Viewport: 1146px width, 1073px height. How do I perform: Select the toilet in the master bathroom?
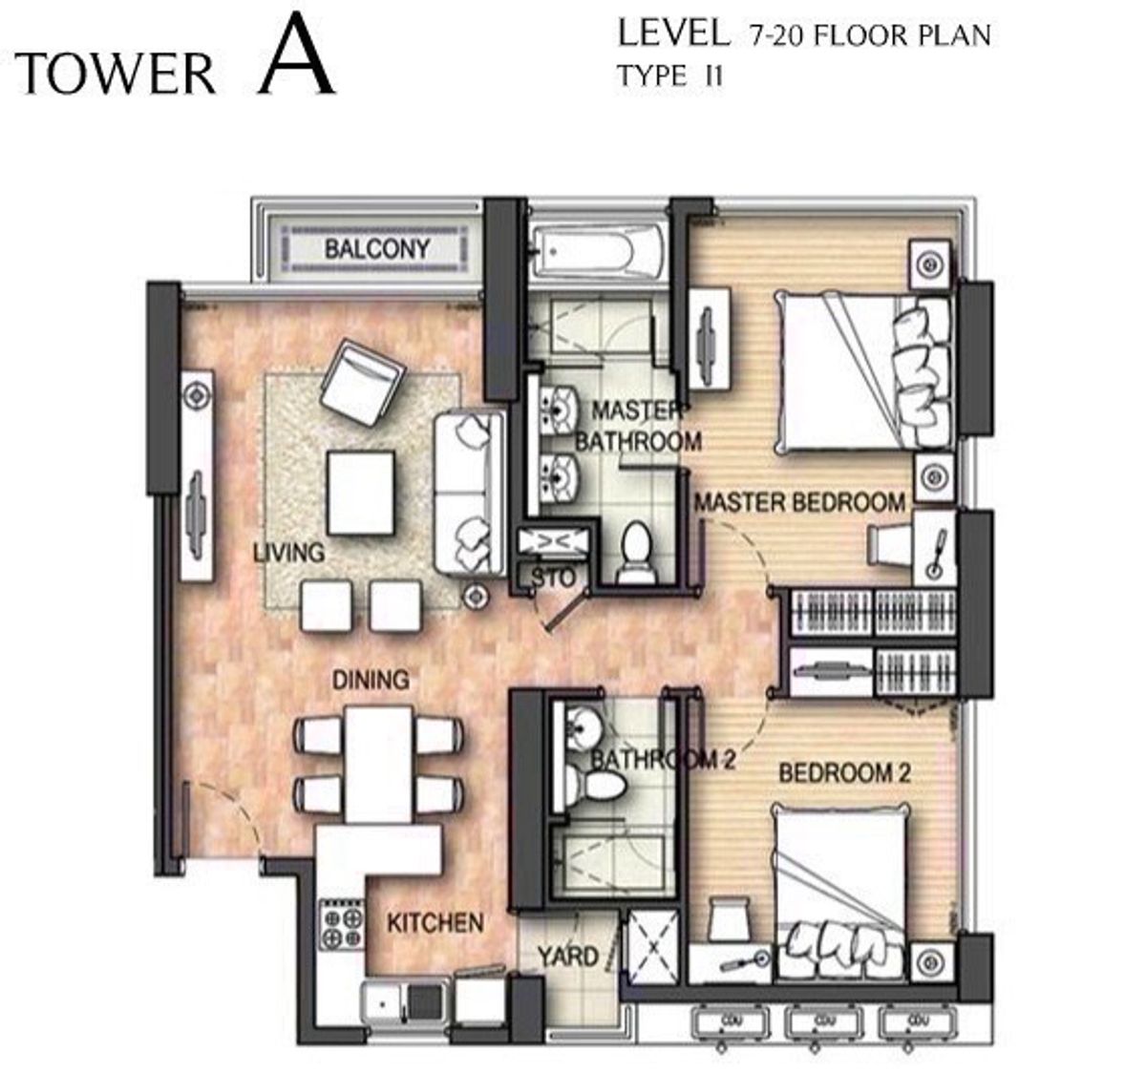(633, 552)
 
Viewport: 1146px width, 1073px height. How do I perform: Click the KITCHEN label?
(435, 923)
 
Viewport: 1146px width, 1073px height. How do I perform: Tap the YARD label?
(567, 957)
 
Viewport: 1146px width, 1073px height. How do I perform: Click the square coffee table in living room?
(360, 493)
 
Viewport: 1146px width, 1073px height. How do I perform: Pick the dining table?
(378, 764)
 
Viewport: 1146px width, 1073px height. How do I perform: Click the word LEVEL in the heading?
(672, 34)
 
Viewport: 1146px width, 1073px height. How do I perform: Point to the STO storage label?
(553, 579)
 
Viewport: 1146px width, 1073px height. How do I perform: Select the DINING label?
(371, 680)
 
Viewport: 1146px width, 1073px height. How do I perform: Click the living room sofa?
(469, 492)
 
